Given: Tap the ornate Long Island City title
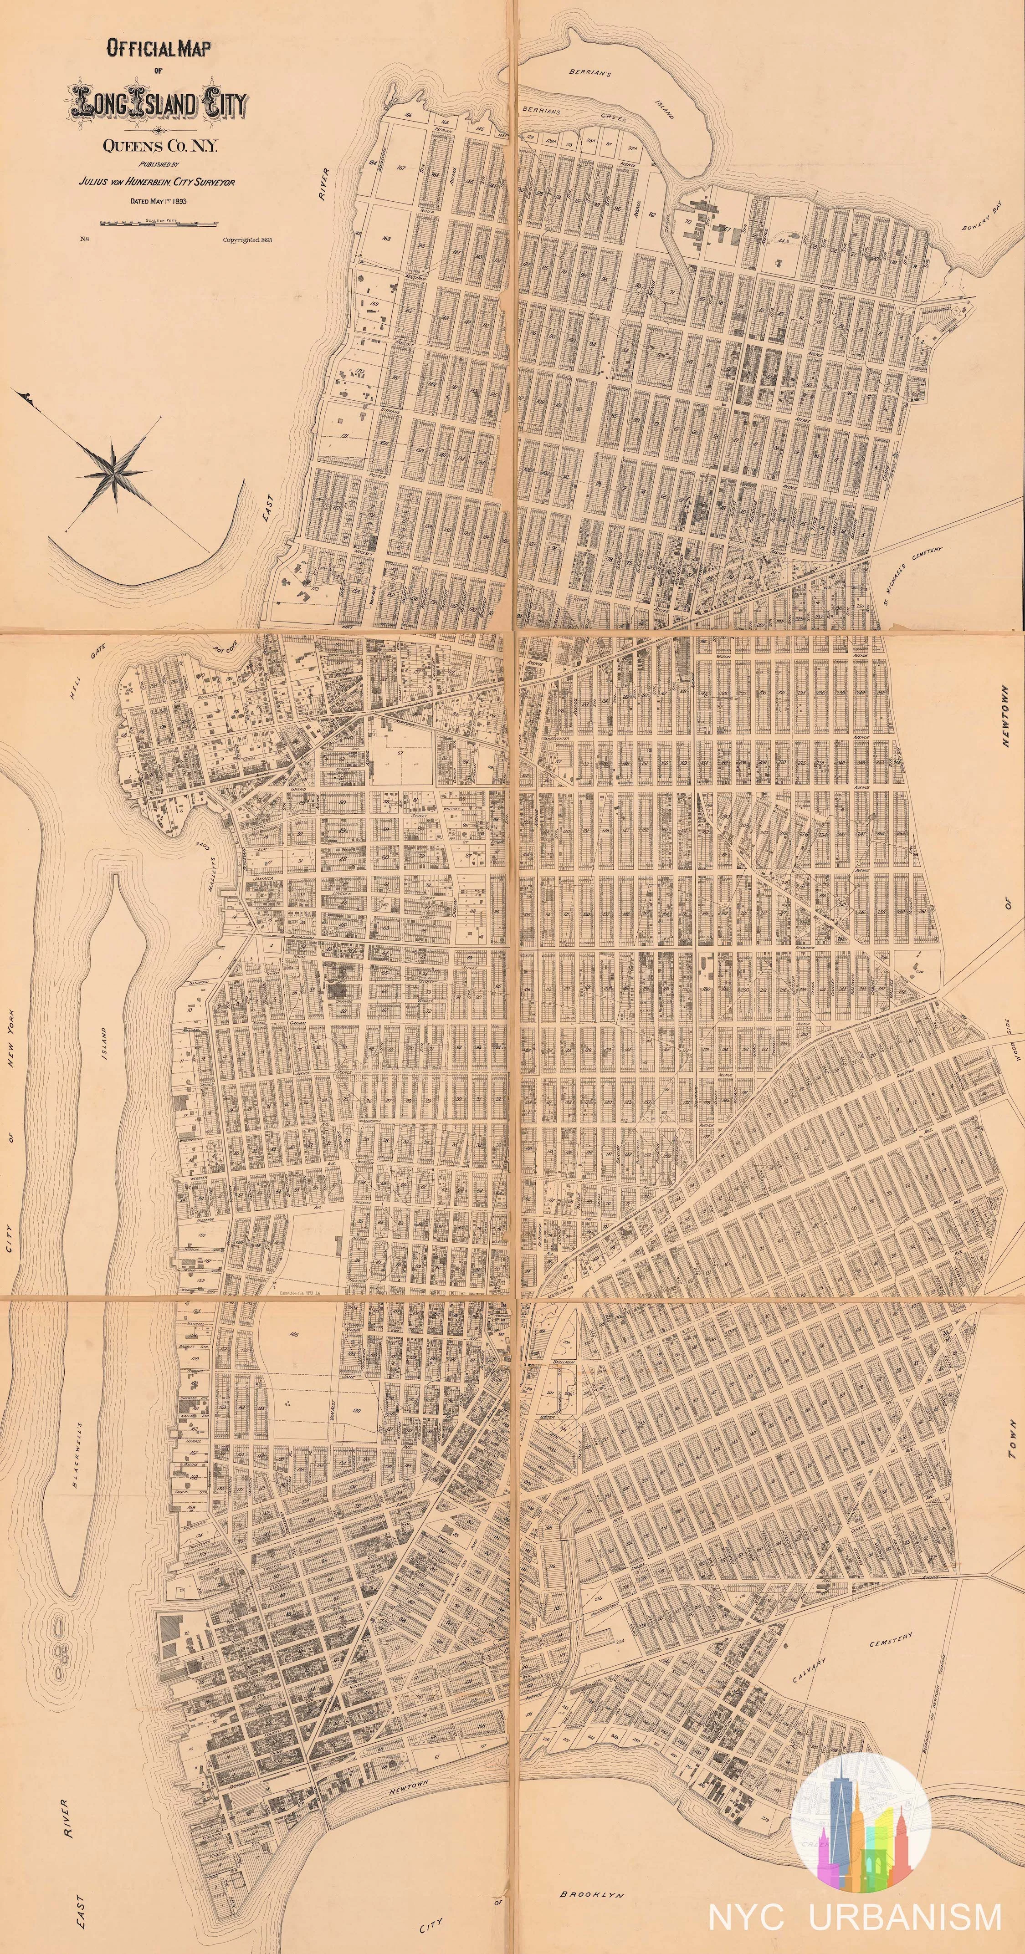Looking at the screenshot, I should click(157, 104).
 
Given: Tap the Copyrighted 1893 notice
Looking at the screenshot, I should click(247, 239).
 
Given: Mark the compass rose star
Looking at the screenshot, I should click(114, 473).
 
